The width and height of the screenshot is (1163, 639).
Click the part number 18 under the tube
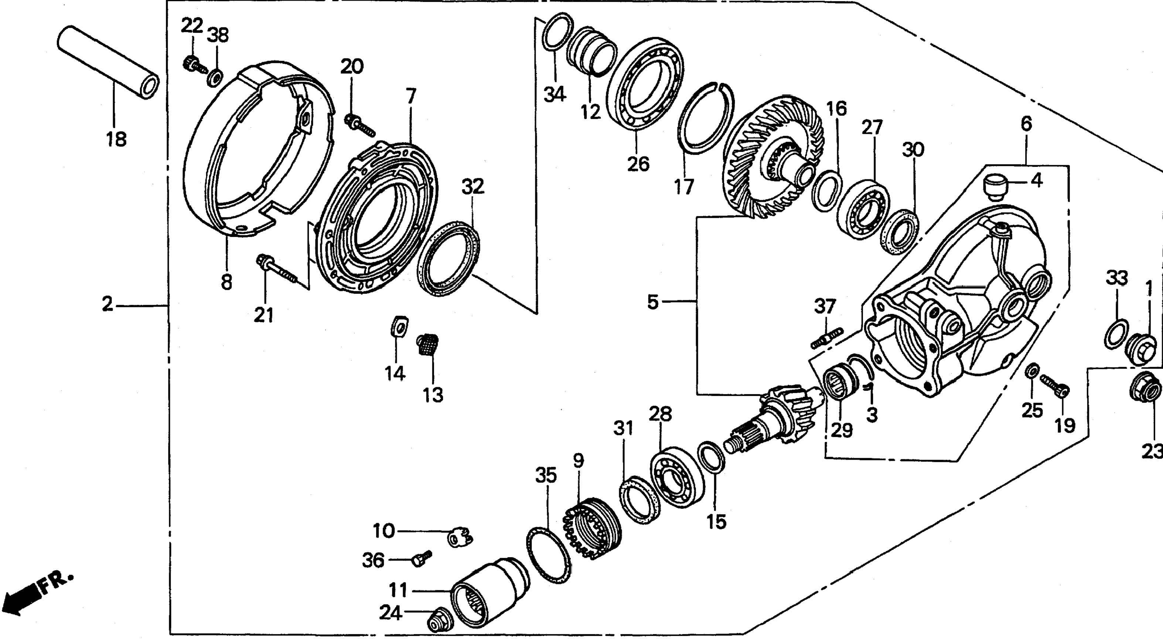pos(116,139)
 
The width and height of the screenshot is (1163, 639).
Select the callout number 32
pos(473,186)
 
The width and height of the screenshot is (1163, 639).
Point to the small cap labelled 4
pos(996,186)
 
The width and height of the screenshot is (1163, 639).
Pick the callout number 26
pos(638,163)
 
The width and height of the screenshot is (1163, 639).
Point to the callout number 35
pos(546,476)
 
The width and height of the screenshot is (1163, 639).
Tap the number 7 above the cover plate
pos(410,96)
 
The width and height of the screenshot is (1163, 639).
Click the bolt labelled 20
pos(359,124)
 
